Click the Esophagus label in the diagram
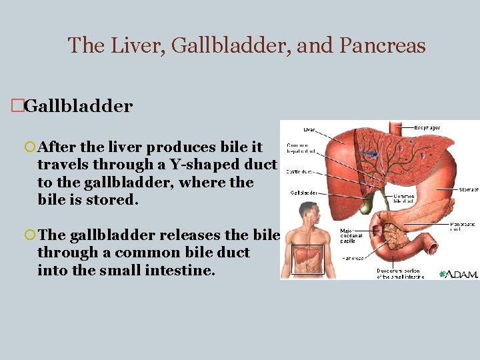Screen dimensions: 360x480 (427, 127)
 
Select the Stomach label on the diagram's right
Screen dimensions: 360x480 (469, 189)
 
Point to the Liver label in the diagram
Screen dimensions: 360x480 (309, 130)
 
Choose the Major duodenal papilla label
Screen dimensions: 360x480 (351, 235)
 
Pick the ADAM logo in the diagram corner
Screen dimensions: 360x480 (459, 273)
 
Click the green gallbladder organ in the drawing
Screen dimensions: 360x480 (365, 204)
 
